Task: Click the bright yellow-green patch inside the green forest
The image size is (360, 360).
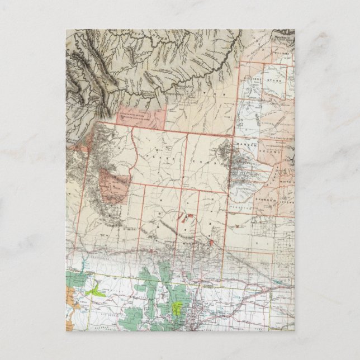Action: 178,307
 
